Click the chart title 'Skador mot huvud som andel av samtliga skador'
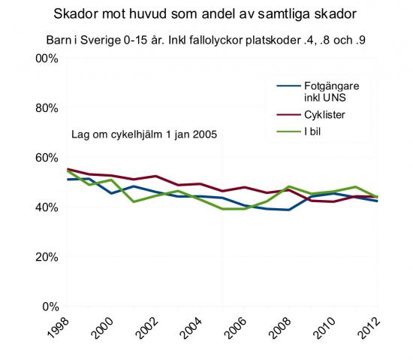(205, 14)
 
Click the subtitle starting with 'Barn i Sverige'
(206, 41)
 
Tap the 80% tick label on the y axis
(47, 108)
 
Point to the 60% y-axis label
(47, 158)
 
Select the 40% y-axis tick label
(47, 207)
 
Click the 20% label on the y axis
(47, 257)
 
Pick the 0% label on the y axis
(50, 307)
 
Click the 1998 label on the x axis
(59, 327)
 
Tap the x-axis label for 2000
(103, 327)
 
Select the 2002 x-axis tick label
(147, 327)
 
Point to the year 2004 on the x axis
(191, 327)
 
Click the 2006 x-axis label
(237, 327)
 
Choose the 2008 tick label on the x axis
(281, 327)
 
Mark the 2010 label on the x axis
(325, 327)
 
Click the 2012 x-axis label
(369, 327)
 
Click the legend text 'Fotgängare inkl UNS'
(332, 92)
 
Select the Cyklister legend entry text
(324, 115)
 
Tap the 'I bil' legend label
(312, 132)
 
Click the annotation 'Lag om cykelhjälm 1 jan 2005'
(144, 135)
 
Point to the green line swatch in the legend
(288, 132)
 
